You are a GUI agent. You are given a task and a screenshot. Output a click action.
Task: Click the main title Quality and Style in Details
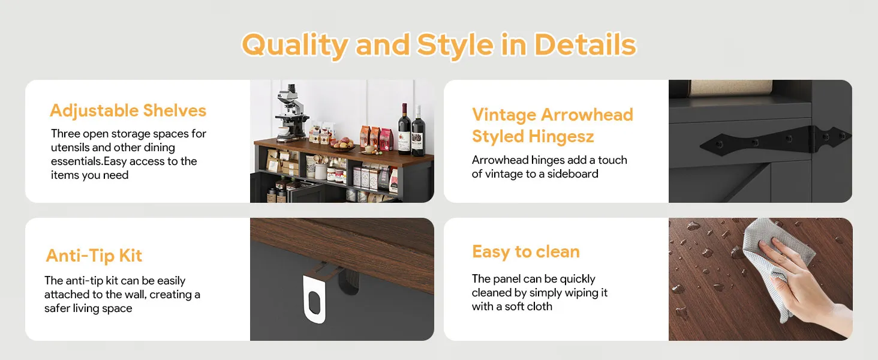[x=439, y=45]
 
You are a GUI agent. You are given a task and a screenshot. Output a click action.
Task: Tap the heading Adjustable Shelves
[x=128, y=111]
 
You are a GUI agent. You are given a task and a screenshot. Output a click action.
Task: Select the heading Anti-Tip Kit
[x=94, y=256]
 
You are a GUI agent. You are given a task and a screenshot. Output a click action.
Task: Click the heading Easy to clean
[x=525, y=252]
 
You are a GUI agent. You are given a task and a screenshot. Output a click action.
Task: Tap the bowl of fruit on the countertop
[x=344, y=145]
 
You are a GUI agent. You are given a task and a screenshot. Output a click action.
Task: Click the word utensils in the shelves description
[x=70, y=148]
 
